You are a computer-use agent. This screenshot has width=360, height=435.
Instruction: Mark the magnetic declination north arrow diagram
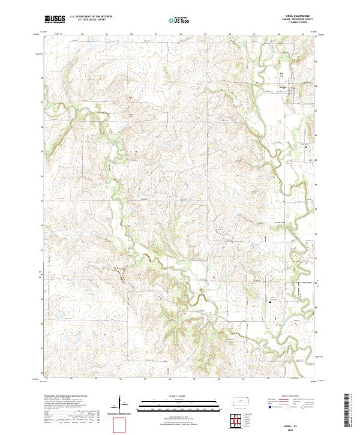pos(121,403)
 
